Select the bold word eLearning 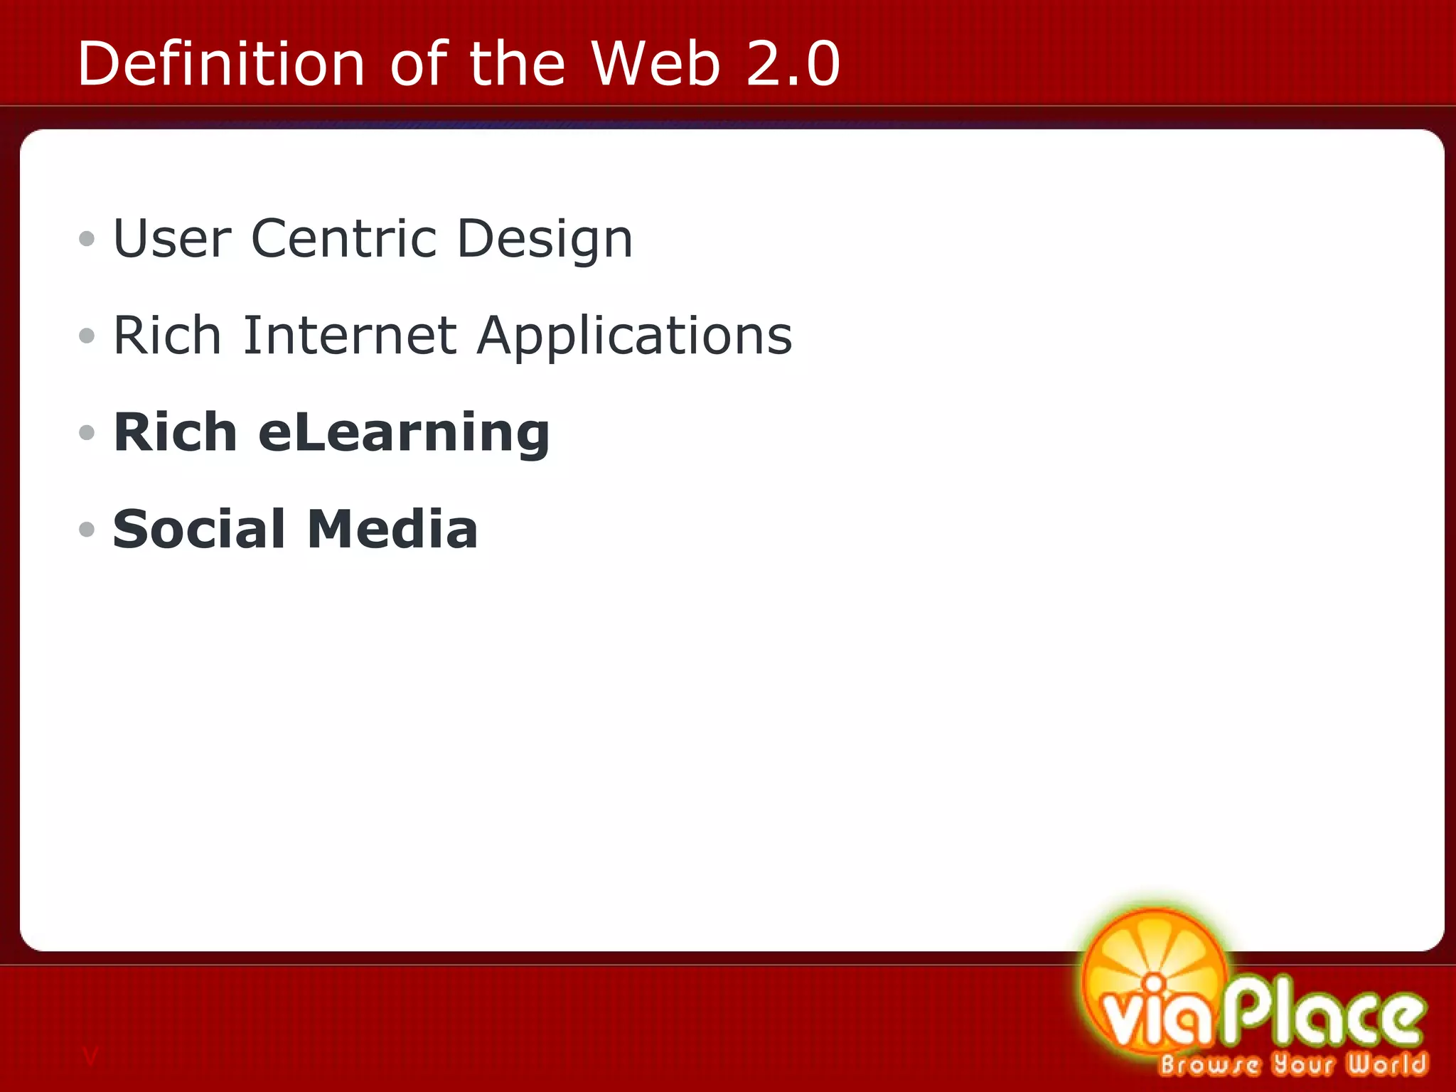click(404, 433)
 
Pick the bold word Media click(392, 529)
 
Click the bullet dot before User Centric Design click(87, 239)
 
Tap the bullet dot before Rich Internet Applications click(87, 336)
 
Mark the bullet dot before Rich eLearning click(87, 432)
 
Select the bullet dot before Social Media click(87, 529)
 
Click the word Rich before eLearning click(175, 432)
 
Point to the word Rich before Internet click(167, 335)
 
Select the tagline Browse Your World click(1292, 1064)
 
